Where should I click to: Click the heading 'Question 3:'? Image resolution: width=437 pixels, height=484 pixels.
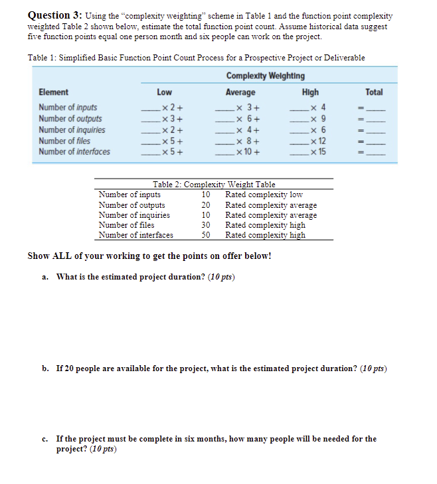click(50, 15)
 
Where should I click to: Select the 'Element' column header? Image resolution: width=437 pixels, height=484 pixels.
click(53, 92)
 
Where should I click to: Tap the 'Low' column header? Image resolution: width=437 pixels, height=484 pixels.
click(164, 92)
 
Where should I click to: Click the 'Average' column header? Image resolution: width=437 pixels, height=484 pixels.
click(240, 92)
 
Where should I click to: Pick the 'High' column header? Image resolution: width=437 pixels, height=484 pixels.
click(309, 92)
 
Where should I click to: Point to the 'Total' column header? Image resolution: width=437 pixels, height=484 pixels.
click(374, 92)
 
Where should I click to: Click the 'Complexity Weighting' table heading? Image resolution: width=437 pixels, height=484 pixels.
click(265, 76)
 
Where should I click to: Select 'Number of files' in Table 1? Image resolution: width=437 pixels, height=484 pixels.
click(64, 141)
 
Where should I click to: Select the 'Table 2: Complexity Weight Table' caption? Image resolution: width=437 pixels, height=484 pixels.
click(214, 184)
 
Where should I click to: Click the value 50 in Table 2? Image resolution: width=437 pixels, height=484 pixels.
click(206, 234)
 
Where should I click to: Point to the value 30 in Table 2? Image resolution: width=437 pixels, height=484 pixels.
click(206, 224)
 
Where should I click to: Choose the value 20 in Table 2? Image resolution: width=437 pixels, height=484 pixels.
click(206, 204)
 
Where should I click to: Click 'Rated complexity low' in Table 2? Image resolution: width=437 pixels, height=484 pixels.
click(264, 195)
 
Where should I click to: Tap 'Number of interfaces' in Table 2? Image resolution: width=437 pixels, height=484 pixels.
click(135, 234)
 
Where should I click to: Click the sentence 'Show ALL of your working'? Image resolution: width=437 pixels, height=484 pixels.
click(149, 256)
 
